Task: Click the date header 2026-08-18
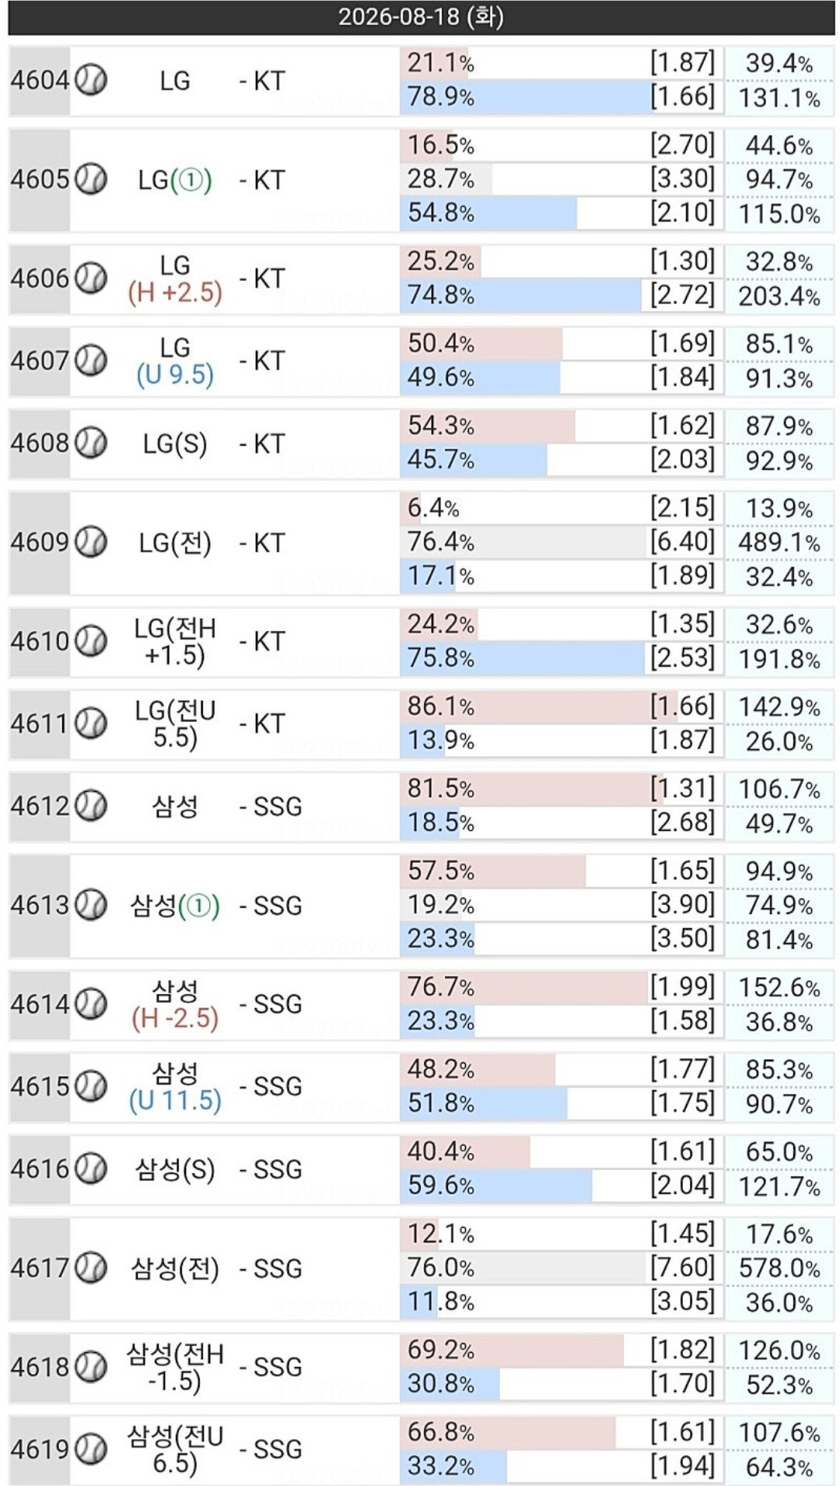point(421,16)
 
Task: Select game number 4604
point(40,80)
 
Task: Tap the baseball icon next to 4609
point(92,541)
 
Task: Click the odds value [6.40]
point(682,541)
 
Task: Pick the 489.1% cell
point(779,542)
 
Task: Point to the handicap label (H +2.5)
point(175,293)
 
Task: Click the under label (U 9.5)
point(175,375)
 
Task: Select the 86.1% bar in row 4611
point(538,706)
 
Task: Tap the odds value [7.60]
point(682,1267)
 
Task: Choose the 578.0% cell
point(779,1268)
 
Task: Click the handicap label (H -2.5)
point(175,1018)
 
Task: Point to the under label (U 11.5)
point(175,1101)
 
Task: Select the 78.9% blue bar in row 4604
point(527,97)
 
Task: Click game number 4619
point(40,1449)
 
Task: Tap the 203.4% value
point(779,296)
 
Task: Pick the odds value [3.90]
point(682,904)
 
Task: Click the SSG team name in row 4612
point(271,806)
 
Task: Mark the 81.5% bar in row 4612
point(527,789)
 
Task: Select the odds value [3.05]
point(682,1301)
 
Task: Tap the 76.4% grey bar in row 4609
point(523,541)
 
